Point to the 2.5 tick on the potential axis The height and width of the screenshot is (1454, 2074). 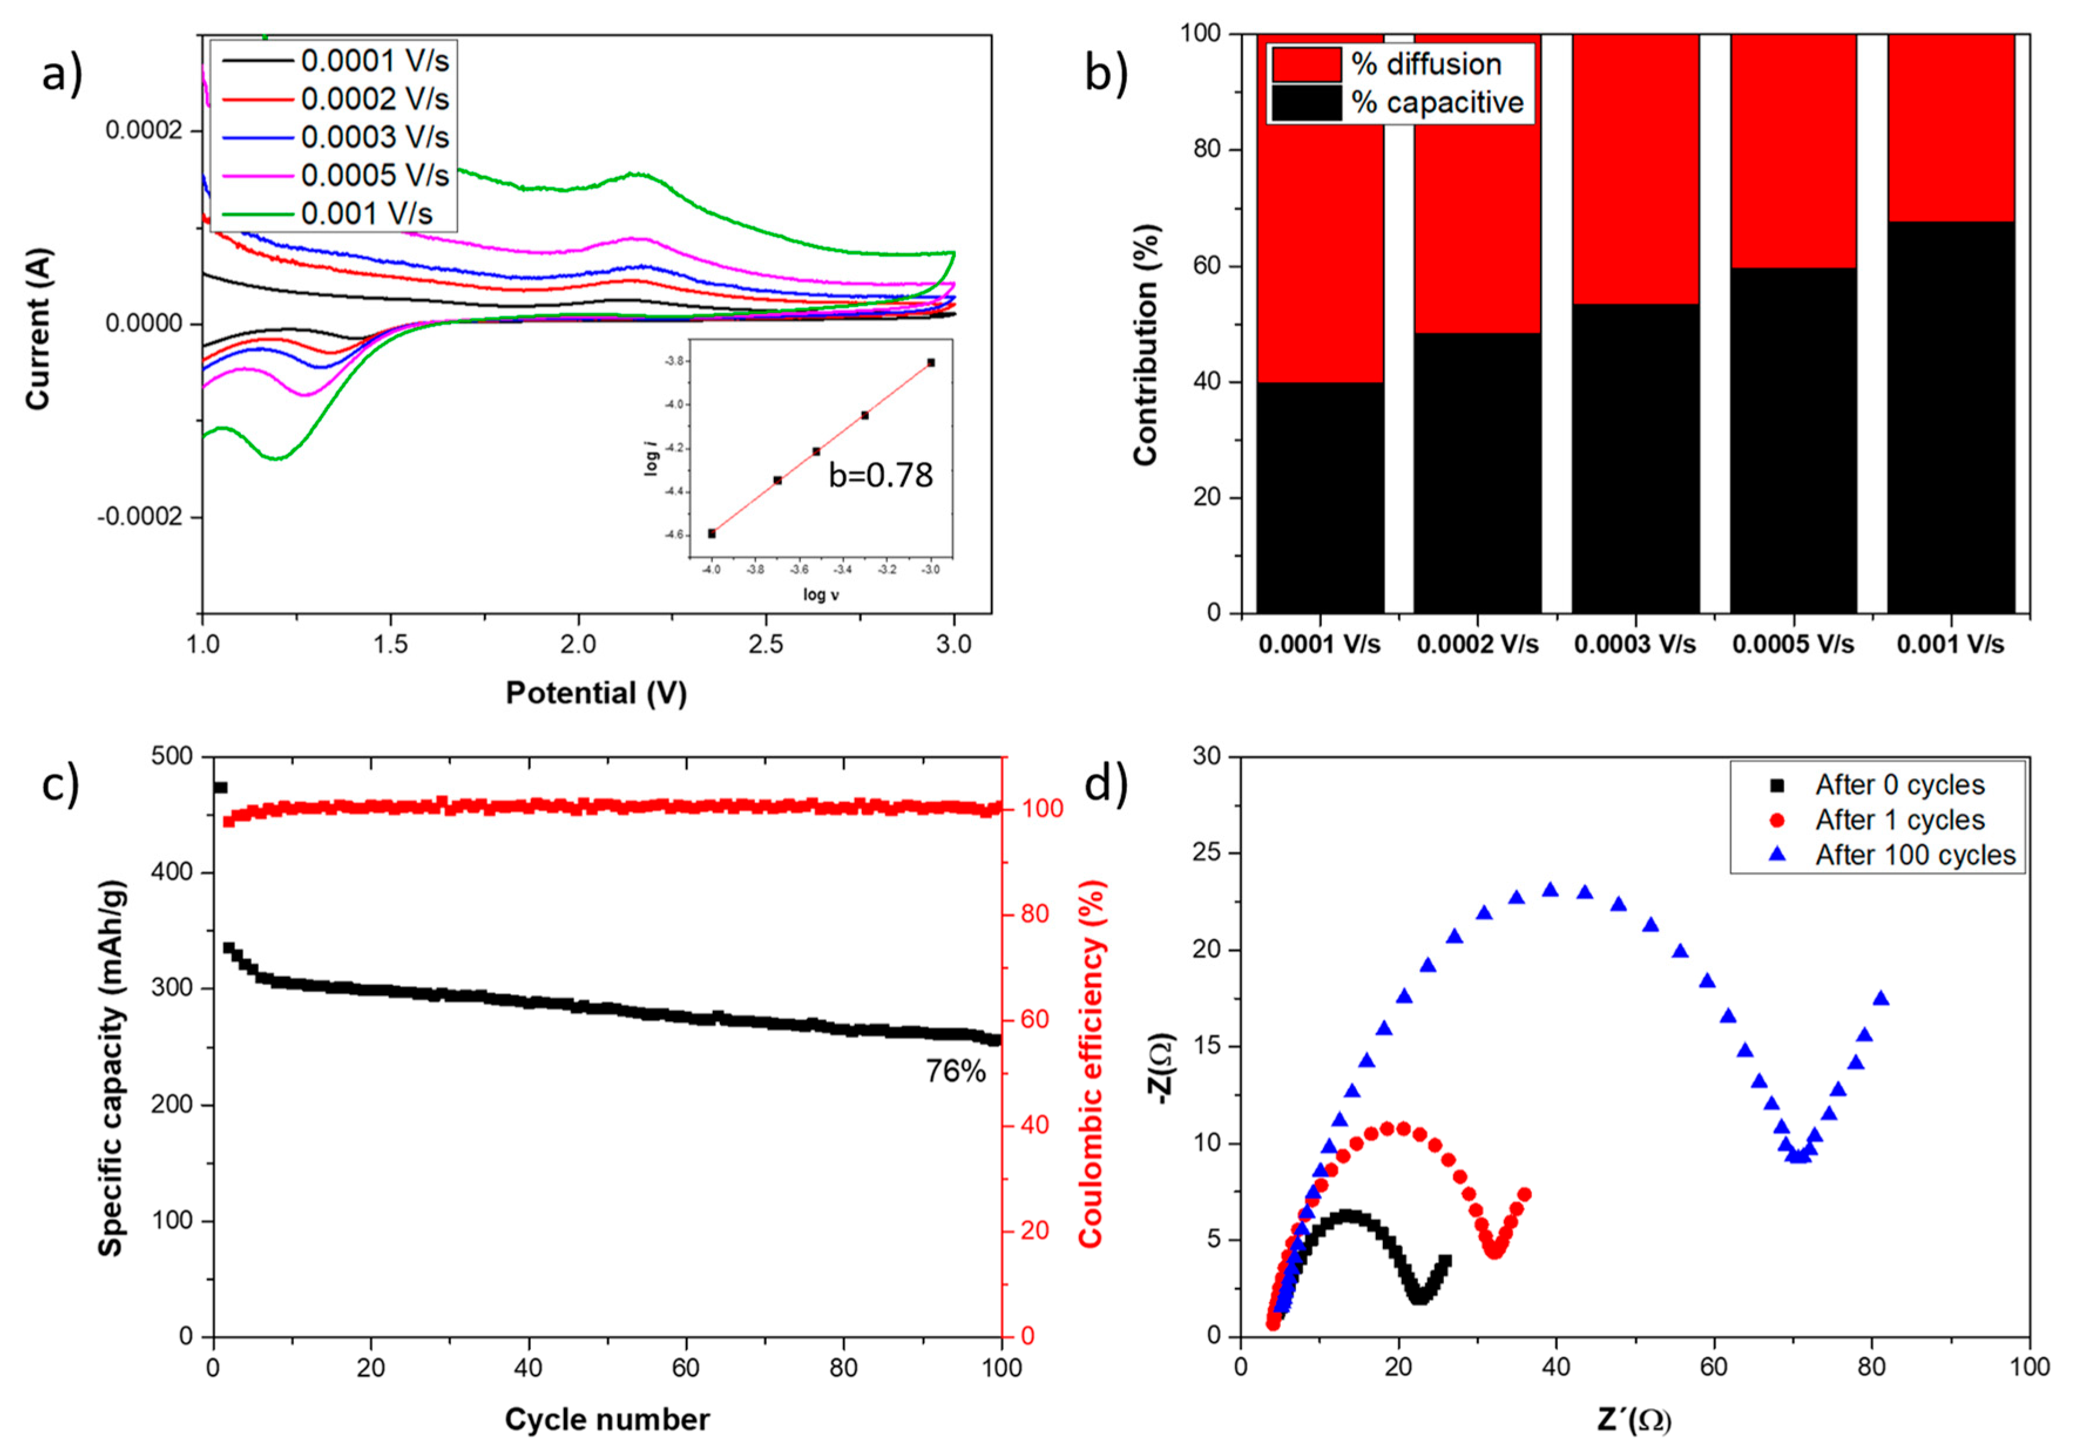click(x=766, y=645)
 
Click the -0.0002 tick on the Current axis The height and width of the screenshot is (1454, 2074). click(x=138, y=517)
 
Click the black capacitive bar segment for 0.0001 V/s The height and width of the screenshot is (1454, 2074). click(x=1319, y=497)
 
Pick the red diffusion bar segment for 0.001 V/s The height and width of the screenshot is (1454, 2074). click(x=1950, y=127)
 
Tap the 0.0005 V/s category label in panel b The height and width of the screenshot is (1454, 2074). click(x=1792, y=645)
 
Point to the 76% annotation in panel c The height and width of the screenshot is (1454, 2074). click(x=955, y=1072)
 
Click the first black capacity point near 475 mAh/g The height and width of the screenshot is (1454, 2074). click(x=219, y=788)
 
